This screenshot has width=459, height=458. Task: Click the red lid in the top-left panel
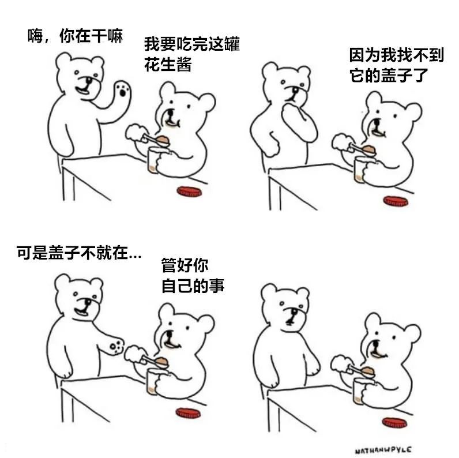[189, 192]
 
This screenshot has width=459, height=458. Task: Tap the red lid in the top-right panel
[396, 201]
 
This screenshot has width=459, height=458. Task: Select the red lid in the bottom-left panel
[188, 413]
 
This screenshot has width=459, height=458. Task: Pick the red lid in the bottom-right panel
[394, 422]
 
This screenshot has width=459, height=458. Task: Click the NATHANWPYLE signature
[383, 450]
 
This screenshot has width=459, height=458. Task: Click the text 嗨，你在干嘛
[75, 36]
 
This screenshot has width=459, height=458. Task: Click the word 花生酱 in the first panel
[168, 64]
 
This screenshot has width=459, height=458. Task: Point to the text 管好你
[185, 265]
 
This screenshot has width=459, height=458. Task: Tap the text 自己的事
[193, 286]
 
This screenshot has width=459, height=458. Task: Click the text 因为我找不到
[397, 55]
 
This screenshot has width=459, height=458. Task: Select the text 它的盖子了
[389, 75]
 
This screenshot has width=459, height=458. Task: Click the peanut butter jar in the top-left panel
[155, 160]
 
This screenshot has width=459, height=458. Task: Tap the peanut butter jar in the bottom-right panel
[360, 391]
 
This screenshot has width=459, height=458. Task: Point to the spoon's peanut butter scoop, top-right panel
[369, 150]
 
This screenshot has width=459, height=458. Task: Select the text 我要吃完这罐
[192, 44]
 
